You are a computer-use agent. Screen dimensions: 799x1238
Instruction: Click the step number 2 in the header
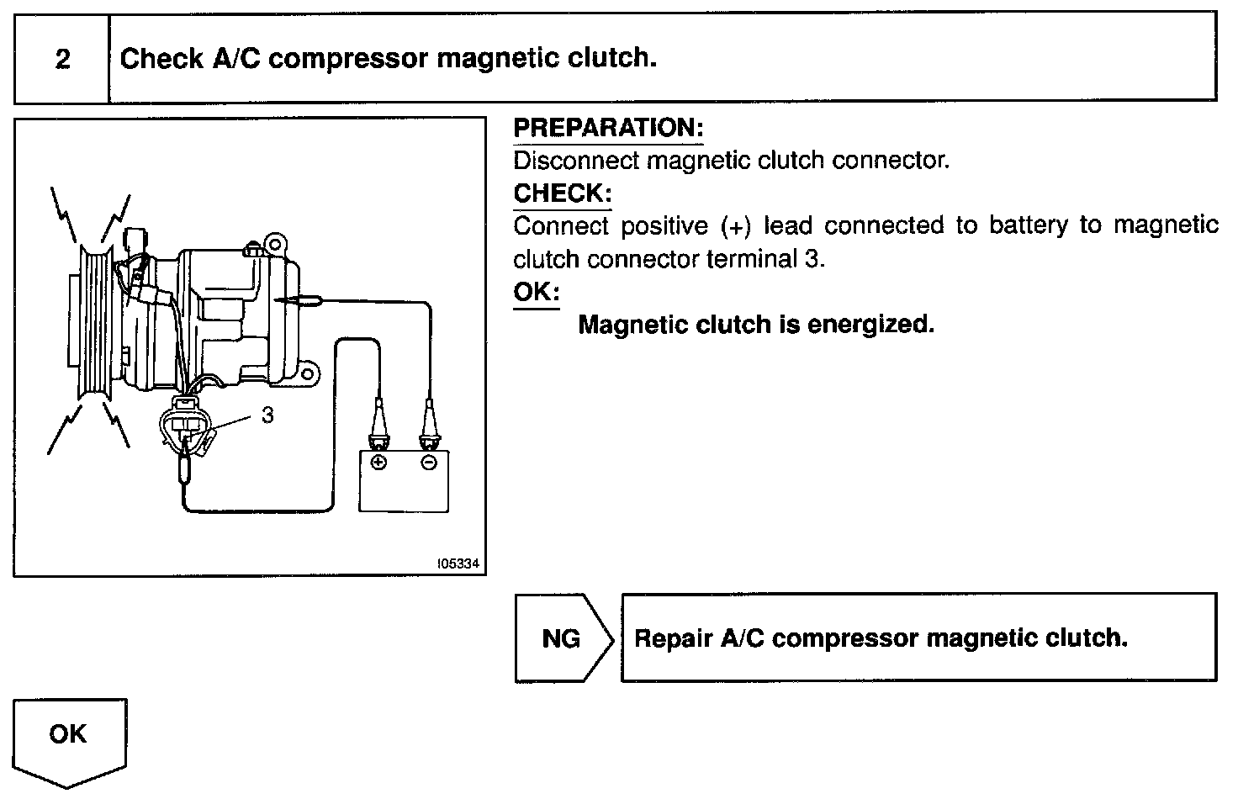[x=62, y=60]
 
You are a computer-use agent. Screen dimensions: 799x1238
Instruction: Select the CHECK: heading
[x=562, y=193]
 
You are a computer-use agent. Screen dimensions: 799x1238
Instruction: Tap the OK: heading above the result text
[x=536, y=293]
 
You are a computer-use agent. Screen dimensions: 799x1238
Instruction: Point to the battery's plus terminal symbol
[x=378, y=463]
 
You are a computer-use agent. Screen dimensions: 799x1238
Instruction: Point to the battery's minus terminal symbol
[x=429, y=463]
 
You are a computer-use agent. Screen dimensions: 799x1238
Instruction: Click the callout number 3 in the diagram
[x=267, y=415]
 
